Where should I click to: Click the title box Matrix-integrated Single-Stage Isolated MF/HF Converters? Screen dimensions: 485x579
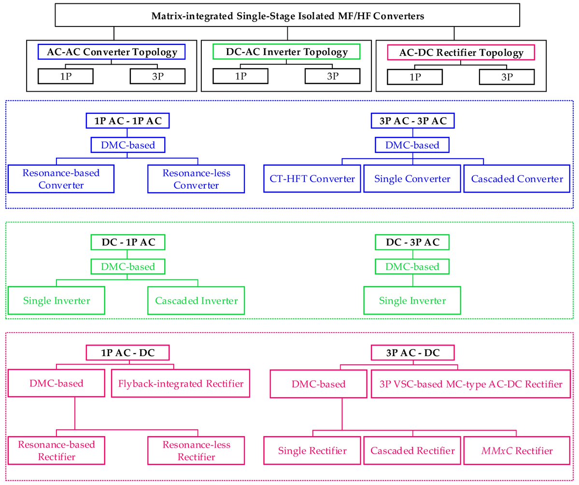point(288,16)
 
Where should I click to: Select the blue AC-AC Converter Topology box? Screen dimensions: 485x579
point(112,52)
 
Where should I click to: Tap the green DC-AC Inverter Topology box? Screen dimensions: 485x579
point(287,52)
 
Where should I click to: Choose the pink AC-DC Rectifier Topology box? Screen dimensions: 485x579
point(461,52)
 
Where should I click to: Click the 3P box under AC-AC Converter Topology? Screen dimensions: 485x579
point(157,76)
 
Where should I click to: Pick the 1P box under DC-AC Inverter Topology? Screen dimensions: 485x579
point(240,76)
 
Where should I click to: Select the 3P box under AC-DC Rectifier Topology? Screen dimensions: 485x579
point(507,76)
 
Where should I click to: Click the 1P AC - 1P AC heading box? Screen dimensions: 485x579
point(128,121)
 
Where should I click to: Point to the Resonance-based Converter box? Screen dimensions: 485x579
point(61,179)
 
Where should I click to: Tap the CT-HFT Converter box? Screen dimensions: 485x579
point(312,179)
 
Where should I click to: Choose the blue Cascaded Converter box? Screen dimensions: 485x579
point(517,179)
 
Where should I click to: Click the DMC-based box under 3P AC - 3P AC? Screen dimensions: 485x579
point(412,145)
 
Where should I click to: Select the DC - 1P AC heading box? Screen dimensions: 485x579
point(128,242)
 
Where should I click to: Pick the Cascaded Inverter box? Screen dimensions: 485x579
point(197,301)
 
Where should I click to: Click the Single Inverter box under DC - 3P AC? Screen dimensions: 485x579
point(412,301)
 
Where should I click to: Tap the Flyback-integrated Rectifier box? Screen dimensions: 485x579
point(180,384)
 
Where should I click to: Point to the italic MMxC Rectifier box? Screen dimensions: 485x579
point(517,451)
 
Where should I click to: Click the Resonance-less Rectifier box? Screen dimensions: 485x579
point(197,451)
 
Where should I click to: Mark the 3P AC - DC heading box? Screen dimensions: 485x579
point(412,353)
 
